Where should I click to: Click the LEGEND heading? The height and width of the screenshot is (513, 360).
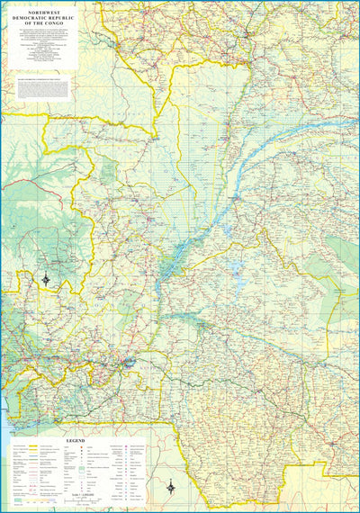76,441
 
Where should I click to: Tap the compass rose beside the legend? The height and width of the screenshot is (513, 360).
172,487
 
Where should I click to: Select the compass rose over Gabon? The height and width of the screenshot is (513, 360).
47,280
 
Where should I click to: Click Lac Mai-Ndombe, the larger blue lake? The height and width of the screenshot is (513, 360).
235,268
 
